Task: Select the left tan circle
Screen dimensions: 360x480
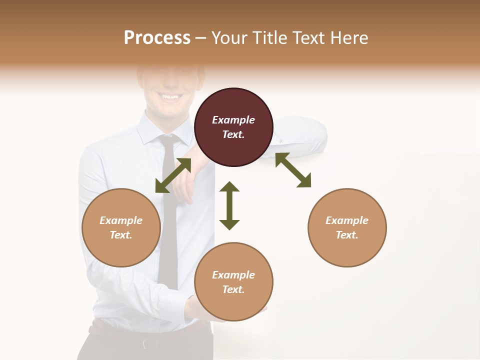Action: pyautogui.click(x=121, y=227)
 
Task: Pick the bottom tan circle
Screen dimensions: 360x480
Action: pyautogui.click(x=233, y=282)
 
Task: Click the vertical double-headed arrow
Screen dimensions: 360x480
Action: pyautogui.click(x=229, y=205)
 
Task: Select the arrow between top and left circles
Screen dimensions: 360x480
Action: pyautogui.click(x=173, y=175)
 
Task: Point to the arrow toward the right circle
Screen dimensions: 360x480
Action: pyautogui.click(x=293, y=170)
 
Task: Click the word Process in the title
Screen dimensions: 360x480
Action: pyautogui.click(x=157, y=38)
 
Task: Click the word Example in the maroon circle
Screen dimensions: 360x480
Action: pyautogui.click(x=233, y=120)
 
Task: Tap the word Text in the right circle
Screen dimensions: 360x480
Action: pyautogui.click(x=346, y=235)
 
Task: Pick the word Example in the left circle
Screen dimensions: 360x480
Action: pyautogui.click(x=121, y=220)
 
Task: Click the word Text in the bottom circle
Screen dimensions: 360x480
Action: pyautogui.click(x=233, y=289)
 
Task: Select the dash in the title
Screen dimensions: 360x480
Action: pyautogui.click(x=201, y=38)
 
